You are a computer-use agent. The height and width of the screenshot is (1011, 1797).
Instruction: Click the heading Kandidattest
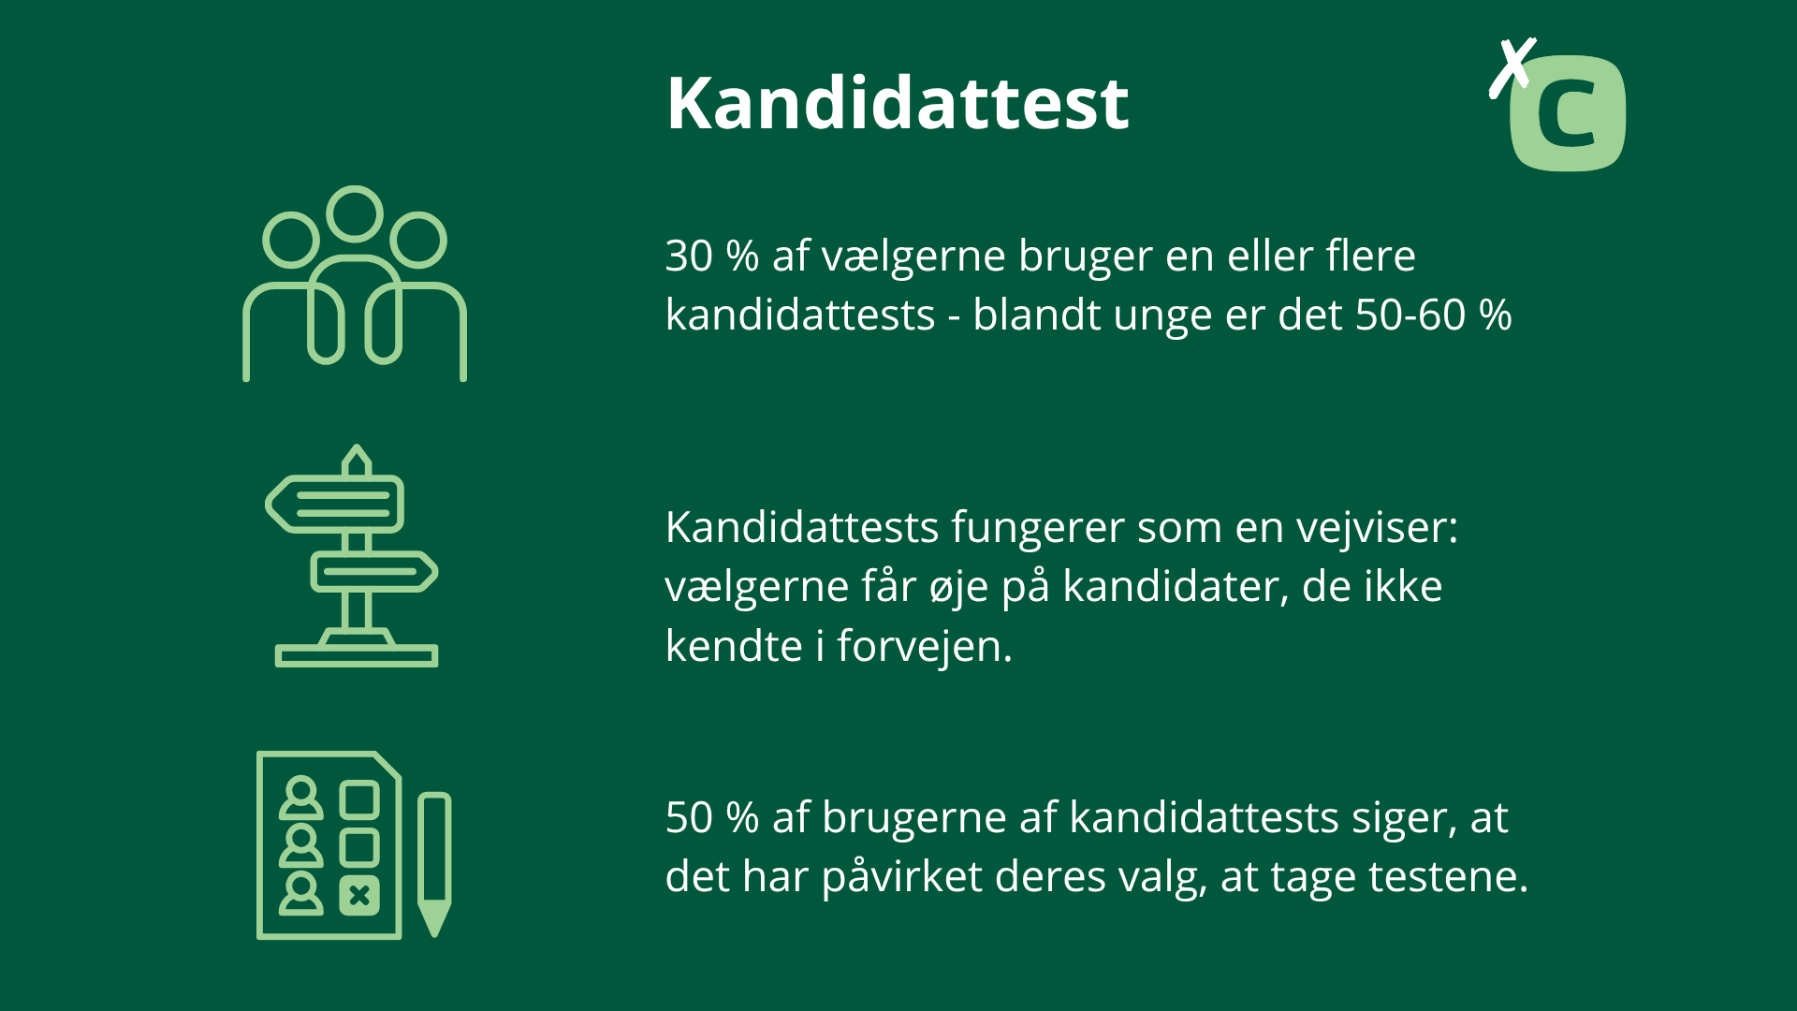[897, 103]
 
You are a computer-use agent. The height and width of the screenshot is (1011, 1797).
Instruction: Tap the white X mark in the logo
[1512, 67]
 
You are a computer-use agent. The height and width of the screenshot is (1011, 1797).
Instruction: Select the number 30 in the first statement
[689, 256]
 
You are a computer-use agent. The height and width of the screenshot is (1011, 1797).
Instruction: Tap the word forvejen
[924, 646]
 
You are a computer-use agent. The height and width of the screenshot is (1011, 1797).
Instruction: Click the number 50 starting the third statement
[689, 817]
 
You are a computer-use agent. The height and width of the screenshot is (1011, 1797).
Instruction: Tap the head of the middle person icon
[355, 214]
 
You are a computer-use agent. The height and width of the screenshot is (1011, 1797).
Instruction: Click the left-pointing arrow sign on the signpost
[337, 504]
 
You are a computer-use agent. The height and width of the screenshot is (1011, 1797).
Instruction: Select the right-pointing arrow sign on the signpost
[374, 571]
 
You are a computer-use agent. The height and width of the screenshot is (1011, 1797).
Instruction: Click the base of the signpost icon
[357, 654]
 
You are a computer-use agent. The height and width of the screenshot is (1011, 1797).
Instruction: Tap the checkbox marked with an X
[358, 896]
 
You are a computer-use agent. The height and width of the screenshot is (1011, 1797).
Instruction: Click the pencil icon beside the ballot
[433, 861]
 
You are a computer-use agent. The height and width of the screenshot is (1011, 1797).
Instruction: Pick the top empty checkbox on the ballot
[358, 800]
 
